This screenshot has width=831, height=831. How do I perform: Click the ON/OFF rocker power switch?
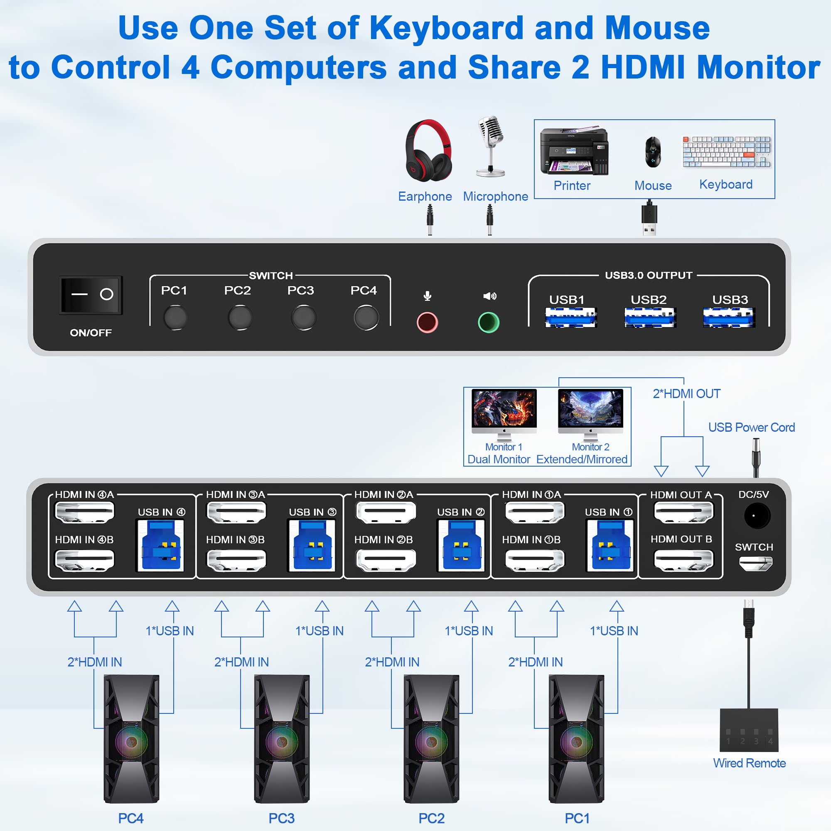coord(91,295)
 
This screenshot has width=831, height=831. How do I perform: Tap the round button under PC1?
coord(175,317)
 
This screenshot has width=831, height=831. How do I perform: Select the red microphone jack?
coord(427,322)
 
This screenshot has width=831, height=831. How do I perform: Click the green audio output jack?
coord(489,322)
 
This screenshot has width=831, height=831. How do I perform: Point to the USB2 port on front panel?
coord(649,317)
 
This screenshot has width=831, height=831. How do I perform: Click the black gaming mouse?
coord(653,152)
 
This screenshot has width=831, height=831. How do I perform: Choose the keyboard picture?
coord(727,152)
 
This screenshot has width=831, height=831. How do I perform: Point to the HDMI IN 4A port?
coord(85,512)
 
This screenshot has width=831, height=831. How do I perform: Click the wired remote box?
coord(749,730)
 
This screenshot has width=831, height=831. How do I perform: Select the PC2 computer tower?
coord(431,739)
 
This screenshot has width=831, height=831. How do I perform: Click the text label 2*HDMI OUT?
coord(686,393)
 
